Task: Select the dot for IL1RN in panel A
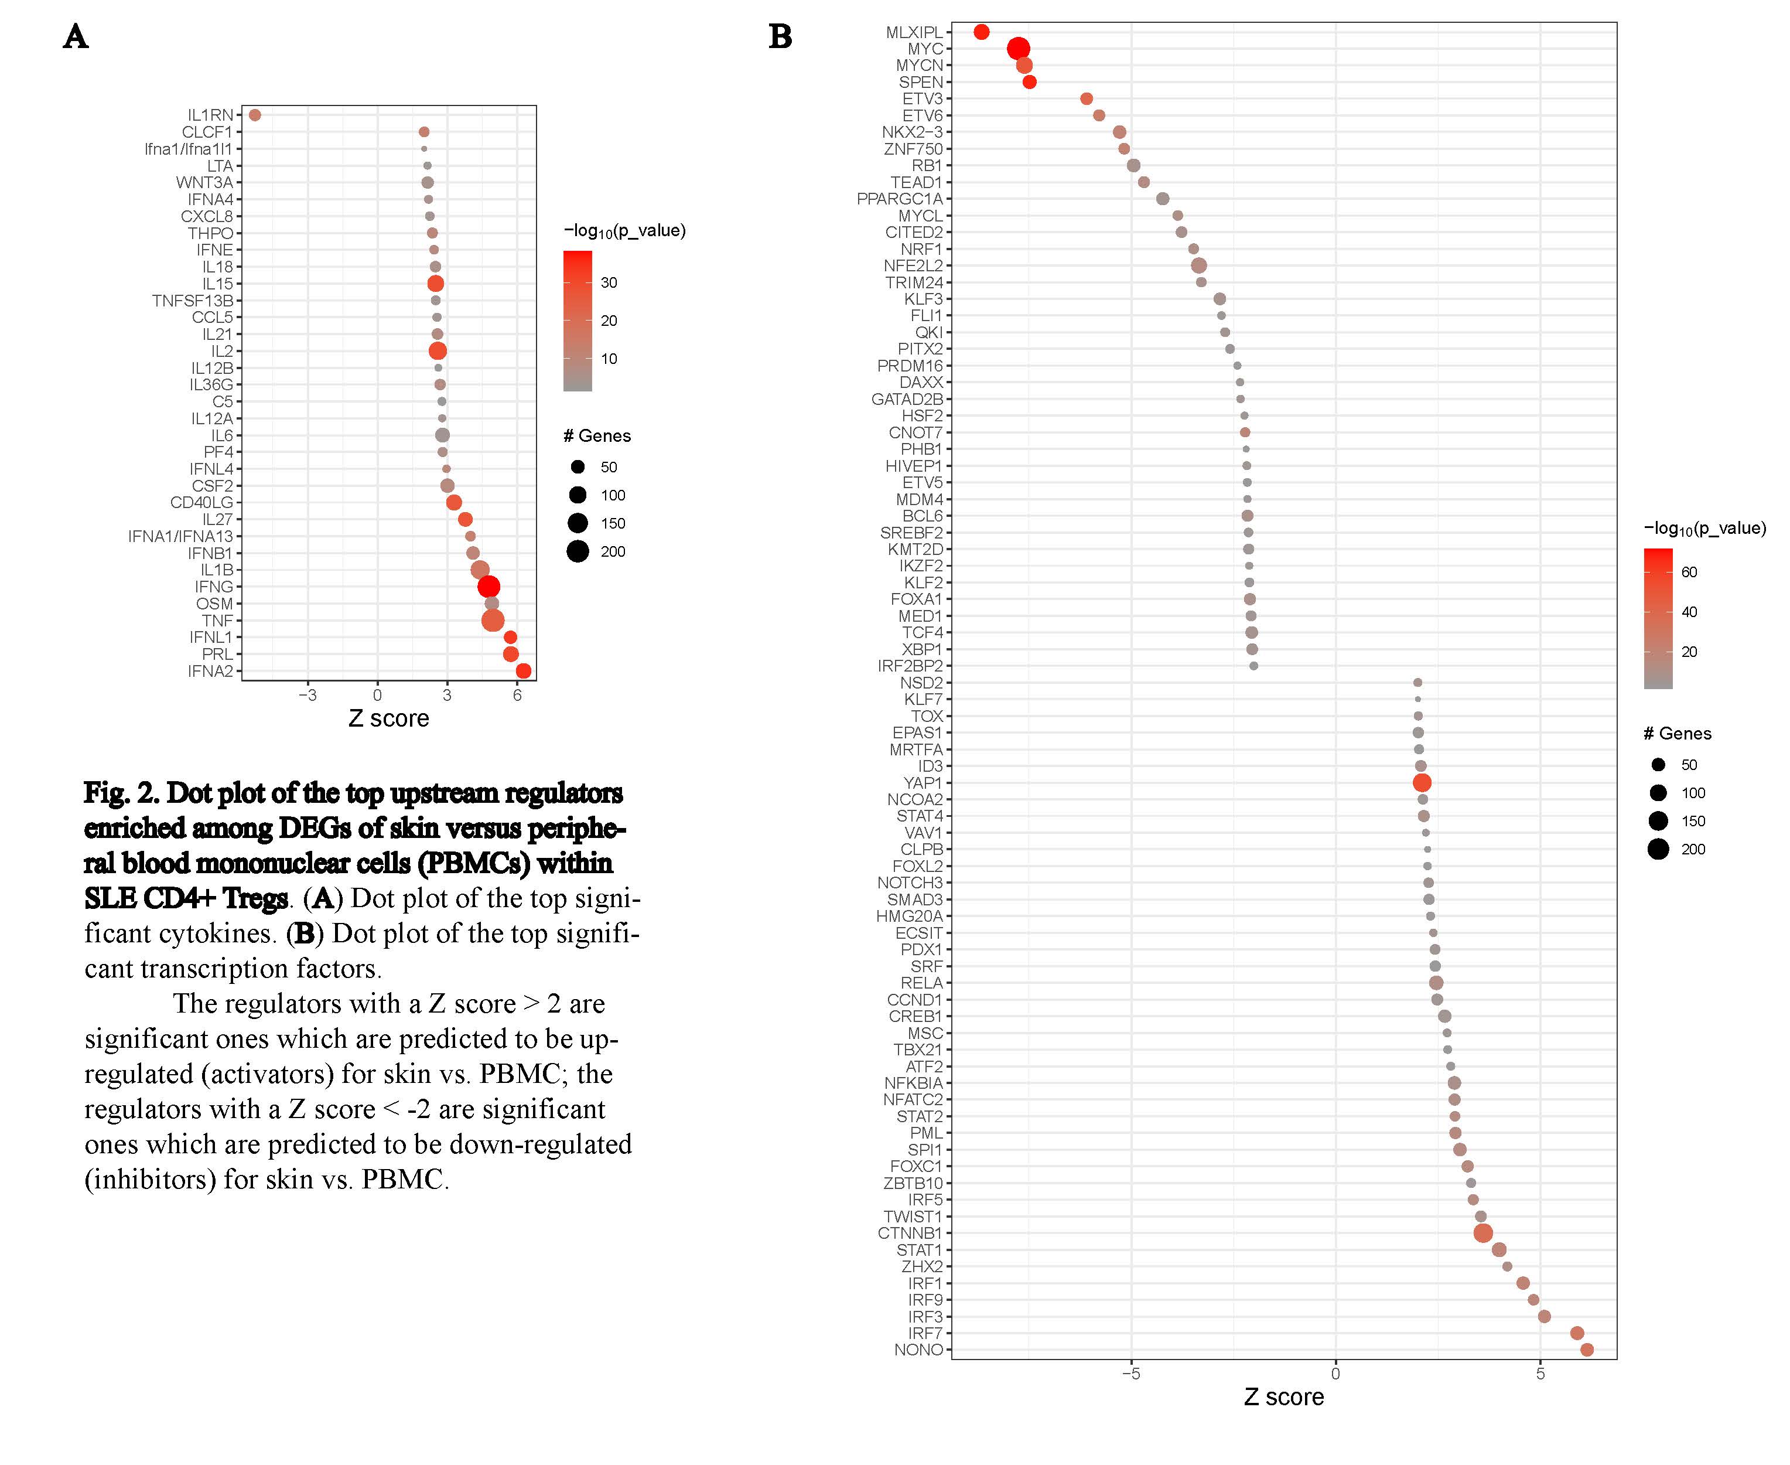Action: coord(255,115)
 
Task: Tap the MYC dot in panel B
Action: coord(1018,49)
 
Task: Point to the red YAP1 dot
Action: coord(1422,783)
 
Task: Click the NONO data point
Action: coord(1587,1350)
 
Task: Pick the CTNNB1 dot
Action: coord(1483,1233)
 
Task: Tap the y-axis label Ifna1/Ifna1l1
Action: coord(188,149)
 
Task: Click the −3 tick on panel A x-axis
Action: coord(307,696)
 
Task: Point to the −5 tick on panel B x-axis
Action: coord(1130,1374)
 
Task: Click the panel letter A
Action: coord(75,36)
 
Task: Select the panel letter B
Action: coord(780,36)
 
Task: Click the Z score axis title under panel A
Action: coord(389,718)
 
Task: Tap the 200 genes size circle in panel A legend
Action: coord(578,551)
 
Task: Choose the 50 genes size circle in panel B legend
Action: coord(1658,765)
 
